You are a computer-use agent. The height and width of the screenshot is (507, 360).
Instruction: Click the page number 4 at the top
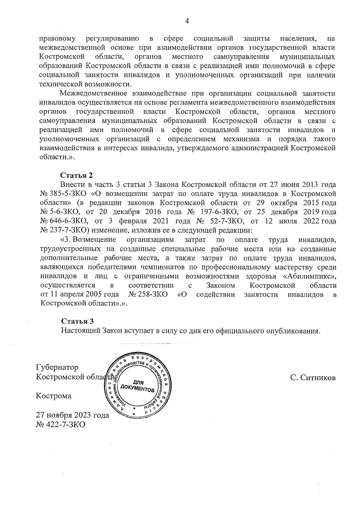pyautogui.click(x=187, y=21)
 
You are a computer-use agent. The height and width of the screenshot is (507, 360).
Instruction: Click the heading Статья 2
pyautogui.click(x=76, y=175)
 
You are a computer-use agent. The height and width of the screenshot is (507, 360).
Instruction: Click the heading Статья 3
pyautogui.click(x=77, y=321)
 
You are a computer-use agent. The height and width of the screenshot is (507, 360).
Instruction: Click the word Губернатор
pyautogui.click(x=57, y=367)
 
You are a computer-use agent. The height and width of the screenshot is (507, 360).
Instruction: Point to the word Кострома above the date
pyautogui.click(x=54, y=396)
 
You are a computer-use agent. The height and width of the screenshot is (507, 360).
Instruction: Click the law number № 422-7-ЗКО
pyautogui.click(x=60, y=425)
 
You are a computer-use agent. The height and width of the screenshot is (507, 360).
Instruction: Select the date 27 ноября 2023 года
pyautogui.click(x=72, y=415)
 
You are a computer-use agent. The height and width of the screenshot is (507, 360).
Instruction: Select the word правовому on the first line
pyautogui.click(x=57, y=39)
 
